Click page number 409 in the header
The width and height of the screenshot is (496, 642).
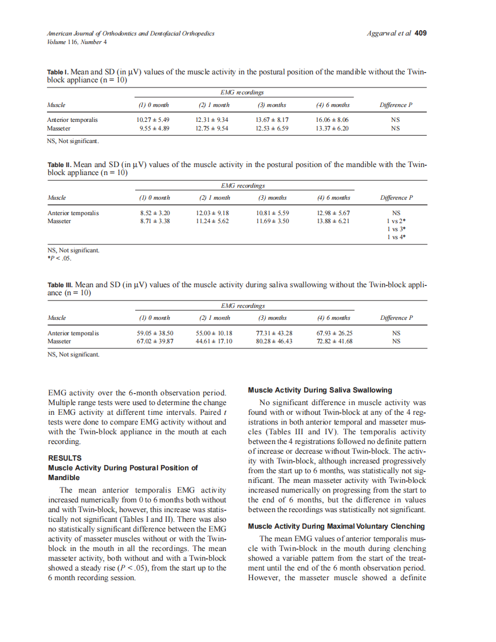(x=420, y=33)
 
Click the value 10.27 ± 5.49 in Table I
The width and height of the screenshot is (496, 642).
(x=153, y=120)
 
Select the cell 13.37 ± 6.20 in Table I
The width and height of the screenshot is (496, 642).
(x=333, y=129)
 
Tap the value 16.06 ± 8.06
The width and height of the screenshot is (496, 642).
(x=333, y=120)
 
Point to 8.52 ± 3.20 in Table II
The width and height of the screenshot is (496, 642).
(x=155, y=213)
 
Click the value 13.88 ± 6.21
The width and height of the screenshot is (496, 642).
(x=333, y=221)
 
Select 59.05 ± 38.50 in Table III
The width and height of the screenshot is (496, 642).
(x=155, y=333)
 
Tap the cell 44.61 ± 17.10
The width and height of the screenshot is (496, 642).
(x=214, y=341)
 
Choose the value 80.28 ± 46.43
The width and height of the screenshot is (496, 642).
(x=274, y=341)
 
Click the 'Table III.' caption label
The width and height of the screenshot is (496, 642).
(x=60, y=284)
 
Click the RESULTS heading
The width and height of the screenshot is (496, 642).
(x=65, y=458)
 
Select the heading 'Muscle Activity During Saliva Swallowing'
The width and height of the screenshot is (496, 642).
(x=320, y=390)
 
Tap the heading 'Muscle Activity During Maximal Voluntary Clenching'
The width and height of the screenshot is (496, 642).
(x=336, y=526)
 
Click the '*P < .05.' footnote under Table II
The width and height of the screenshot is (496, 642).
(x=60, y=257)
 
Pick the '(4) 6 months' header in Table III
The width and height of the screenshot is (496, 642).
(x=333, y=318)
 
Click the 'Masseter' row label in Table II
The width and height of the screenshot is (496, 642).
(x=59, y=221)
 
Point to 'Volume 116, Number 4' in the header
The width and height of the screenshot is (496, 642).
(x=77, y=42)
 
